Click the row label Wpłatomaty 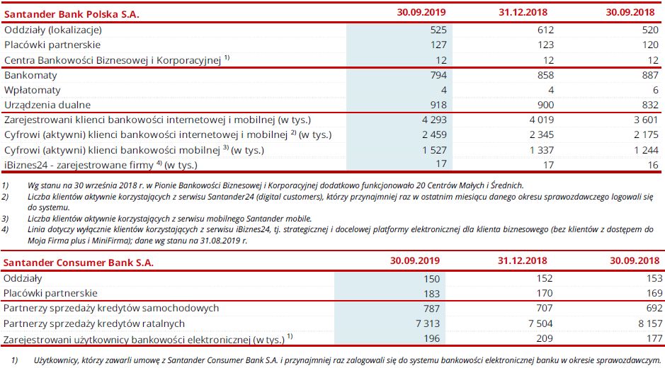point(33,90)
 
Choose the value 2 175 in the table point(645,134)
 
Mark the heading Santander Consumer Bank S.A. point(78,263)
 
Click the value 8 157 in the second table point(645,323)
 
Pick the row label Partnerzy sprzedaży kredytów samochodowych point(111,309)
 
